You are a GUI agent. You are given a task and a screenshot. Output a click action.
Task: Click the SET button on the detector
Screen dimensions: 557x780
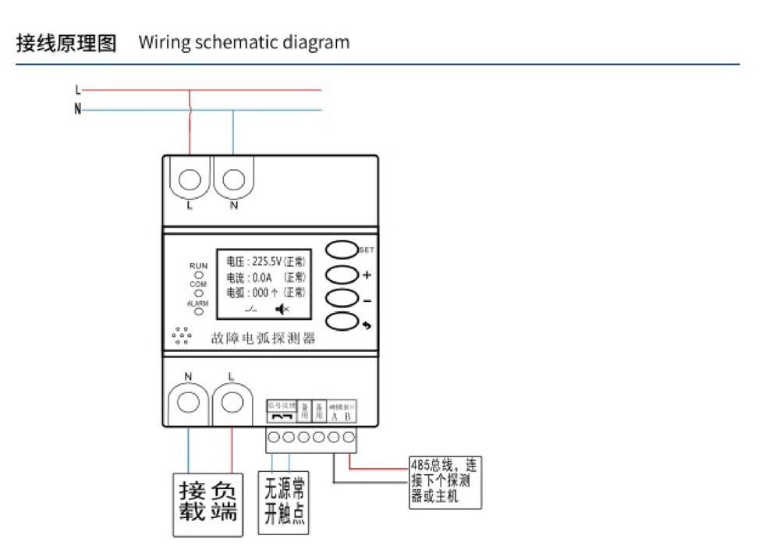point(340,250)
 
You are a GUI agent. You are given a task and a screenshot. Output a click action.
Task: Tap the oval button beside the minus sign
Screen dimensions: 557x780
point(340,299)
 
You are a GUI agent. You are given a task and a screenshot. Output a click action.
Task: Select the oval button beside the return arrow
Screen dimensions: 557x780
point(340,321)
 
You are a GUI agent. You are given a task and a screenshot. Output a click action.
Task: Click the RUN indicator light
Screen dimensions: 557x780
point(198,275)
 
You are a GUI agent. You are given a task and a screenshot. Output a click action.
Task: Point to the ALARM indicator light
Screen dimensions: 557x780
point(198,311)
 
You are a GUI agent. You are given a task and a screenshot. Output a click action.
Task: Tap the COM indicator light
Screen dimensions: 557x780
point(198,293)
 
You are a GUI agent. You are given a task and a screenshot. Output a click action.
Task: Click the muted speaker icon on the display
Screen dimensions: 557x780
point(282,310)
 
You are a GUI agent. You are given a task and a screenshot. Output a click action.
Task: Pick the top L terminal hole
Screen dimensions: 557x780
point(190,182)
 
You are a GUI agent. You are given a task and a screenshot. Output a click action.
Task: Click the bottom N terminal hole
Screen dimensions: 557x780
point(189,403)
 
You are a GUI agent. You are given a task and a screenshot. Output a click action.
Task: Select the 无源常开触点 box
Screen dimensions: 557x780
point(283,502)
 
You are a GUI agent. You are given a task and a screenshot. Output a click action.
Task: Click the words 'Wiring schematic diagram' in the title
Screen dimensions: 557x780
point(244,42)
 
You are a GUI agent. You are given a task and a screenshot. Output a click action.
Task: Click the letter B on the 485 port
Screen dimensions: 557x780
point(347,417)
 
